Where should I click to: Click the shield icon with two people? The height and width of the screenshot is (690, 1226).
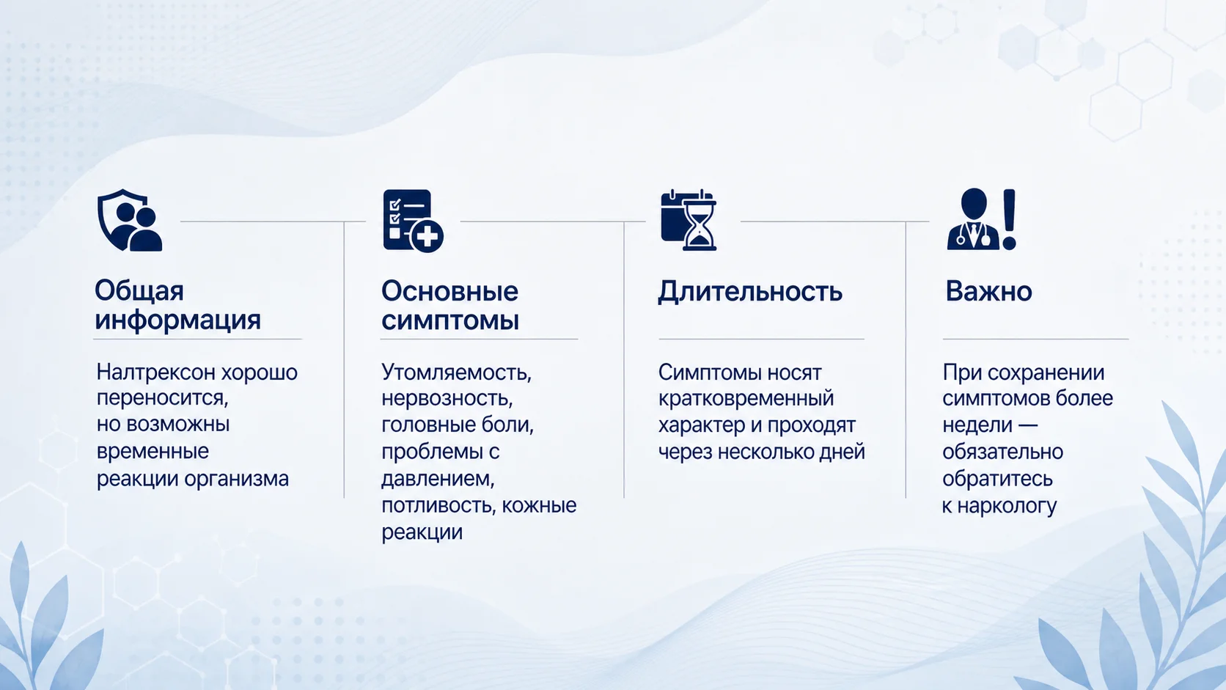coord(130,220)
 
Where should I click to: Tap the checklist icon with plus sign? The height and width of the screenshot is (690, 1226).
coord(414,221)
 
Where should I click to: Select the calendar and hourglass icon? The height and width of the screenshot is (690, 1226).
coord(689,220)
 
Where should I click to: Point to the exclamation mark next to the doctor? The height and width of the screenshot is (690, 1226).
coord(1009,219)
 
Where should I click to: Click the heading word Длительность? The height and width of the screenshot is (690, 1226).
coord(750,292)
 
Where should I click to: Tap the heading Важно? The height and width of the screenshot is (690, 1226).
coord(988,291)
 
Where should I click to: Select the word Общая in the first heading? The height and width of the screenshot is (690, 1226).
coord(139,291)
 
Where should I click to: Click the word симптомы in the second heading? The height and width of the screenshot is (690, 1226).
coord(450,320)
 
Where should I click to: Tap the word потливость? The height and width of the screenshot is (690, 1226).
coord(438,505)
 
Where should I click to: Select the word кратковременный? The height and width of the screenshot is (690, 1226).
coord(746,399)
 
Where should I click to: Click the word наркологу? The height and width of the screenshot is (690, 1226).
coord(1007,506)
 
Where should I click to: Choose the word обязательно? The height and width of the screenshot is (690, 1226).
coord(1002,452)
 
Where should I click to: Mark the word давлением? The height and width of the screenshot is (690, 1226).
coord(438,479)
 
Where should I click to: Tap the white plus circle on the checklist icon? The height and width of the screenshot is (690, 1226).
coord(427,237)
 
